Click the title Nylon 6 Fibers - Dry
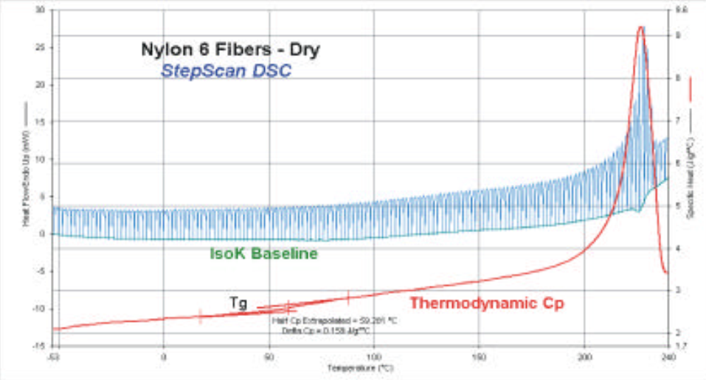click(x=231, y=50)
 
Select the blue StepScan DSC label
click(x=226, y=71)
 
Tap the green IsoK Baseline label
click(x=263, y=254)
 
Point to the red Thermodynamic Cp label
click(x=488, y=302)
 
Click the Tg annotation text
click(x=238, y=301)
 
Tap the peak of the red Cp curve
click(x=640, y=27)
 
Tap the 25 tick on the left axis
click(x=41, y=48)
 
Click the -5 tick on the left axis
click(x=41, y=271)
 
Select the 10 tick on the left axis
click(x=41, y=159)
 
